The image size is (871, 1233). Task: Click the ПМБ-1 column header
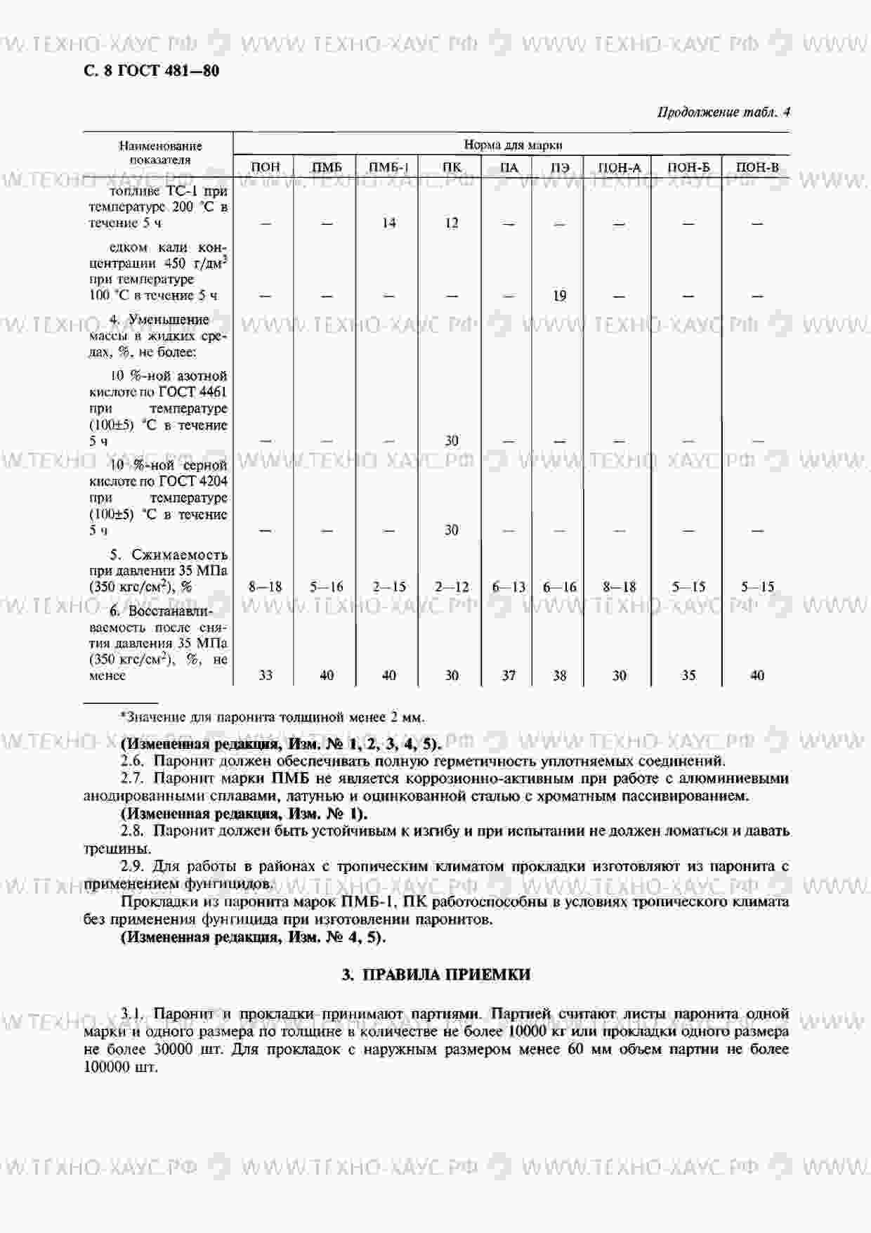tap(388, 167)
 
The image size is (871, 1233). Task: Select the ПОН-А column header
tap(619, 167)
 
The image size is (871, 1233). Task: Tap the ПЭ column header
tap(559, 167)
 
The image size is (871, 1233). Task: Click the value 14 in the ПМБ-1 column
tap(388, 223)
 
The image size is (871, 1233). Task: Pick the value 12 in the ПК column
tap(452, 223)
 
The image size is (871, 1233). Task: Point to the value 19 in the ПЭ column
tap(559, 296)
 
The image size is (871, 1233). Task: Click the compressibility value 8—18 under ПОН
tap(266, 587)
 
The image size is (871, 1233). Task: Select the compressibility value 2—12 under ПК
tap(452, 587)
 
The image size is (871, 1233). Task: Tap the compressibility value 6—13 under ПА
tap(509, 587)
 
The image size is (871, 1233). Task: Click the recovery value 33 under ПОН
tap(266, 675)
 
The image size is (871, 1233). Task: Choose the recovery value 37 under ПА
tap(509, 675)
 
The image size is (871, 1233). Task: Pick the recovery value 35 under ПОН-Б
tap(688, 675)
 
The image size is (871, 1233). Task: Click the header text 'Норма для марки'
tap(513, 145)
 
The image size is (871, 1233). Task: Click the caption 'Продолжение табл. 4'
tap(723, 112)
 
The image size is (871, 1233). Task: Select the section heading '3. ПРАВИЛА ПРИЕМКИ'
tap(435, 974)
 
